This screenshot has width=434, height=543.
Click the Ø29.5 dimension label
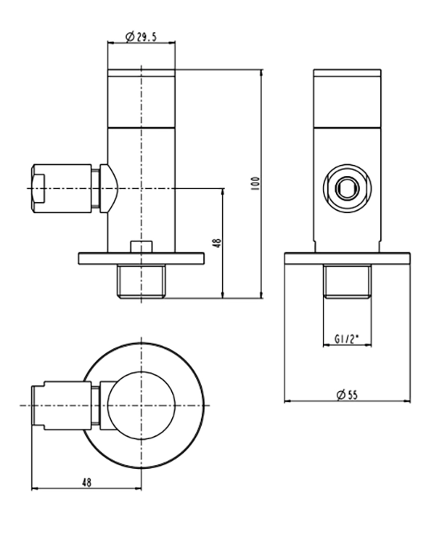tap(141, 36)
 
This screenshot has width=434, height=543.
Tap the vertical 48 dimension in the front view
tap(217, 242)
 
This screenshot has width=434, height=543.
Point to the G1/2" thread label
tap(346, 339)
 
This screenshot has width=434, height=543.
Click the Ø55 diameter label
tap(347, 395)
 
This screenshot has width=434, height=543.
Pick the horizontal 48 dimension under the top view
tap(87, 482)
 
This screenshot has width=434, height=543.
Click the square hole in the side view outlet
tap(347, 188)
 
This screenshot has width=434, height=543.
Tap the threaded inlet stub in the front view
tap(141, 282)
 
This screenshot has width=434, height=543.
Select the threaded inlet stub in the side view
tap(347, 281)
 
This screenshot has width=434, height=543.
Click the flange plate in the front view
tap(141, 259)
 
